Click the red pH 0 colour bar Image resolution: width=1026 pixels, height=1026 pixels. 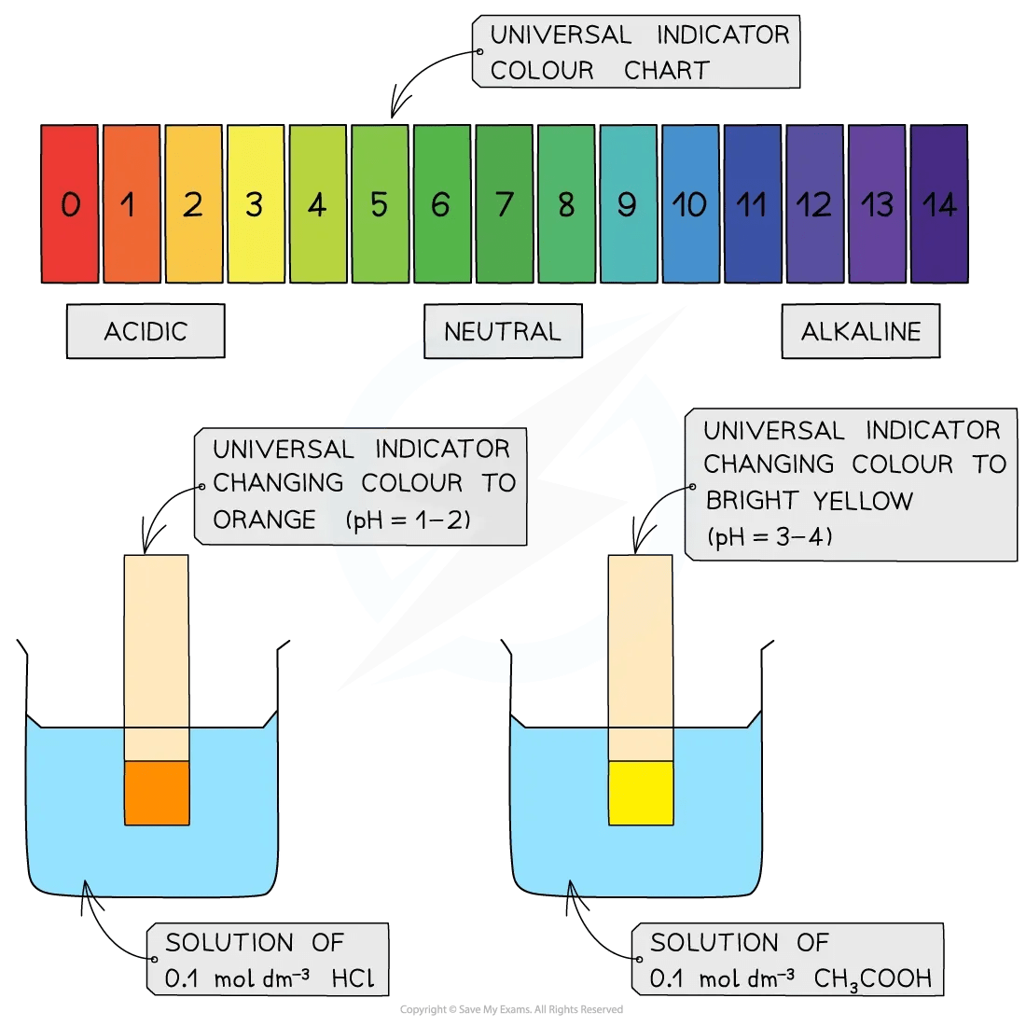70,204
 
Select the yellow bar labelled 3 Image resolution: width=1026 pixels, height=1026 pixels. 256,204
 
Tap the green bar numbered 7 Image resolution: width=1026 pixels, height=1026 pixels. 505,204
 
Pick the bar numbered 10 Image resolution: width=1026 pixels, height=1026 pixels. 691,204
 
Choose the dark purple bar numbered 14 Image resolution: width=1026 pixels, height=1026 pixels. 939,204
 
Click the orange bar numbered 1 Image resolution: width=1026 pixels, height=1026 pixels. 132,204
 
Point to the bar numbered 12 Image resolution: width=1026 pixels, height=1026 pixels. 814,204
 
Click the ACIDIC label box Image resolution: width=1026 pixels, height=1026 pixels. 146,331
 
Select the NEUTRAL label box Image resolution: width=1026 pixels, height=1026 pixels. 503,331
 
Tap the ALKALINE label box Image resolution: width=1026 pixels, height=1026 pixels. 860,331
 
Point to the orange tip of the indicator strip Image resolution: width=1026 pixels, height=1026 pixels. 157,793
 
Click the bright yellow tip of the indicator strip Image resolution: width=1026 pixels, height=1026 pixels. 641,793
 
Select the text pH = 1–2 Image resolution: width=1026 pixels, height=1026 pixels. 409,520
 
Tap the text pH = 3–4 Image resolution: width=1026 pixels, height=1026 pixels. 770,536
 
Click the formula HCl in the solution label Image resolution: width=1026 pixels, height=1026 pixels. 354,978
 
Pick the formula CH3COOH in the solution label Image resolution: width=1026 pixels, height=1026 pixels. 872,978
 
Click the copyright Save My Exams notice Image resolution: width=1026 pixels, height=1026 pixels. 511,1009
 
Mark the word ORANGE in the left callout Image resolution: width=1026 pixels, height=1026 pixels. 264,520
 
